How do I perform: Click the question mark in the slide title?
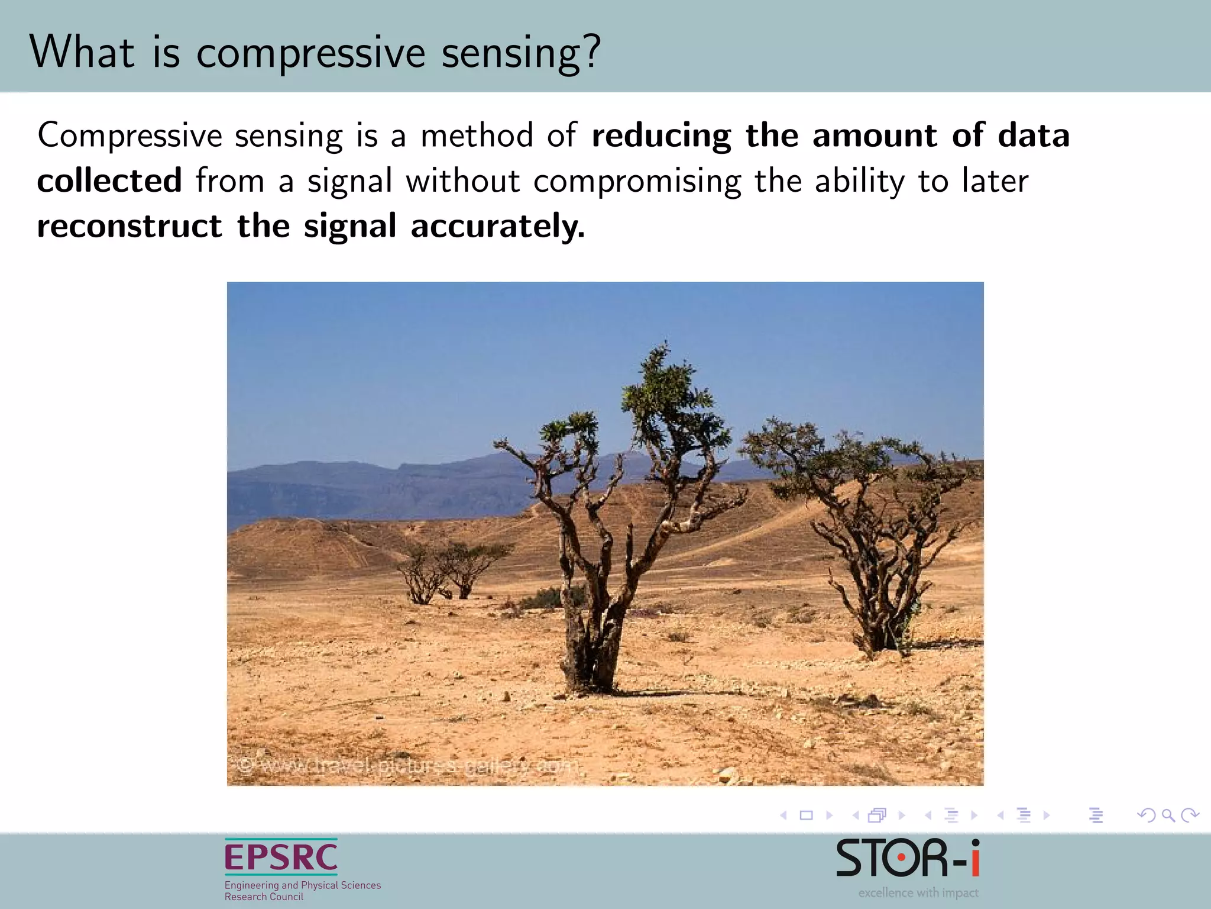pos(590,52)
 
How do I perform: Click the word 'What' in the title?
pos(82,52)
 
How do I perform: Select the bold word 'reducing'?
pos(661,136)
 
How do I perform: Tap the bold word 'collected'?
pos(109,180)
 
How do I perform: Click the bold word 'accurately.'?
pos(497,226)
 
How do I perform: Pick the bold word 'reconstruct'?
pos(129,226)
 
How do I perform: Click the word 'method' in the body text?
pos(477,136)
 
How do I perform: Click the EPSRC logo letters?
pos(281,858)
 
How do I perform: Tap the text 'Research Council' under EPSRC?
pos(264,897)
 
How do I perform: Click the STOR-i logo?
pos(907,859)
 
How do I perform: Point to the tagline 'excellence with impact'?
pos(918,892)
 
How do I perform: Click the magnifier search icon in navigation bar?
pos(1168,815)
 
